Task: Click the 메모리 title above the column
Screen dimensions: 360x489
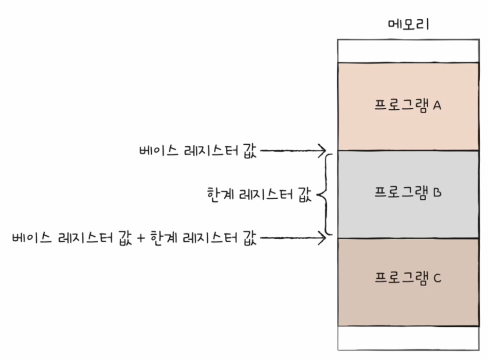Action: point(408,24)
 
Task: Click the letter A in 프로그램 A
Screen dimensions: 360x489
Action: point(437,105)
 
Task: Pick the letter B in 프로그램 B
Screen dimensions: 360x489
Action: point(437,193)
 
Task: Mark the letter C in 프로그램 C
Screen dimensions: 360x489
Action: point(437,278)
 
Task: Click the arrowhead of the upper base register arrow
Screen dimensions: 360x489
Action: point(323,151)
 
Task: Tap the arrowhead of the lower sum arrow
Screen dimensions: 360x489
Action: point(323,238)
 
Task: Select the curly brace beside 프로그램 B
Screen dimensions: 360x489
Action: point(326,194)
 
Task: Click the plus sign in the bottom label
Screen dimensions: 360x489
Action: point(141,238)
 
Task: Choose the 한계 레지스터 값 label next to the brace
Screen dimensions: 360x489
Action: point(259,195)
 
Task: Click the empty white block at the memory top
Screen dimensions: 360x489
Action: point(408,51)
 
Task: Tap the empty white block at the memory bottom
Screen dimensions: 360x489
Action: point(408,338)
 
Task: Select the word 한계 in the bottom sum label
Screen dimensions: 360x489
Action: point(163,238)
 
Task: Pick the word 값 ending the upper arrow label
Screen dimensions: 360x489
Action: point(250,151)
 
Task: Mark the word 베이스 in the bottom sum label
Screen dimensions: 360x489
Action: point(32,238)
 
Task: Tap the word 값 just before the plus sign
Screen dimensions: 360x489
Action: point(125,238)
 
